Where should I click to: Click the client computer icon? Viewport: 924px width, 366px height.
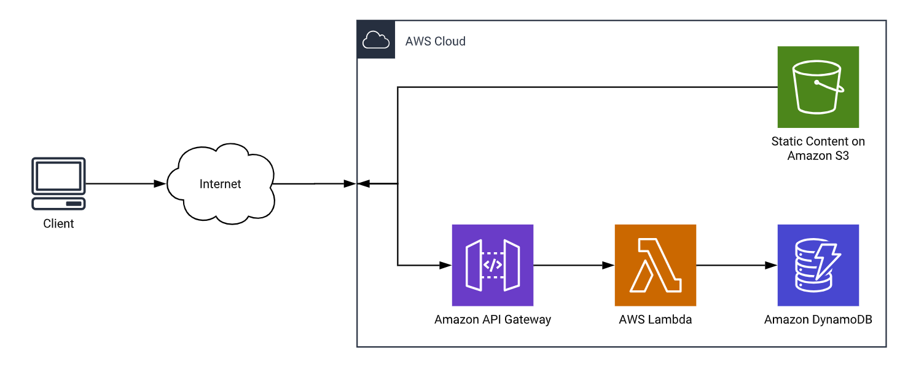coord(58,184)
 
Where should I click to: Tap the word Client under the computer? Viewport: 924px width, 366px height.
coord(58,224)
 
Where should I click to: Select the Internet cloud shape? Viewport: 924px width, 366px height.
coord(221,184)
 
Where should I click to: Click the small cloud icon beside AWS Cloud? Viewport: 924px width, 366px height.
coord(376,41)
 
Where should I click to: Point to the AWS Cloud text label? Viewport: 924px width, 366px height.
coord(435,41)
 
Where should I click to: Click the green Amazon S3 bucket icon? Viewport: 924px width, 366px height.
coord(818,87)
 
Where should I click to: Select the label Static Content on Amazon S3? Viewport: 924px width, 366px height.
coord(818,148)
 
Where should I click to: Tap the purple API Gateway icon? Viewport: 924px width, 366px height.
coord(492,265)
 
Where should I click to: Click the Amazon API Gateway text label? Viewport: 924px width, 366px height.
coord(492,320)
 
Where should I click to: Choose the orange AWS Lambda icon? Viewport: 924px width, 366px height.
coord(655,265)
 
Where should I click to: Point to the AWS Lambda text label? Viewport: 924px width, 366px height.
coord(655,320)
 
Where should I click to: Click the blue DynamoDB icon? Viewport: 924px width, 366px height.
coord(818,265)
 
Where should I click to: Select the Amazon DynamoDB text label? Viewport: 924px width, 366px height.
coord(818,320)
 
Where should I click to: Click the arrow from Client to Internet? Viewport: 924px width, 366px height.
coord(123,184)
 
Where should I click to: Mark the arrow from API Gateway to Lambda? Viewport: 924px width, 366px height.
coord(571,265)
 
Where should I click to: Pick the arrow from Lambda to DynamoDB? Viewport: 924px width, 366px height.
coord(734,265)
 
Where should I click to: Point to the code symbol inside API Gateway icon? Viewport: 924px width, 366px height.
coord(492,265)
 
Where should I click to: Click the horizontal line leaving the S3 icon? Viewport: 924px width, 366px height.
coord(584,87)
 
